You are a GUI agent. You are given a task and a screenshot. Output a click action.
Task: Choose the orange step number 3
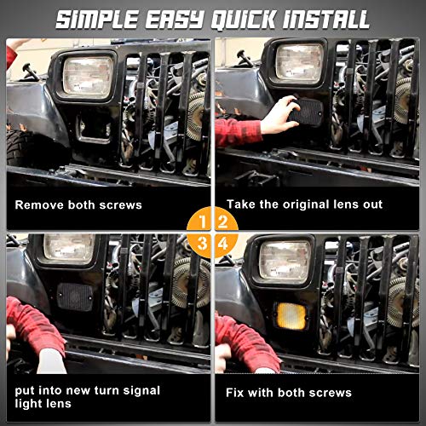[201, 244]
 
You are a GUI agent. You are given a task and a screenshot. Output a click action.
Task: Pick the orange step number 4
[223, 244]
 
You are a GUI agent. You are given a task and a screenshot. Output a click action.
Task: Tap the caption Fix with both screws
[288, 393]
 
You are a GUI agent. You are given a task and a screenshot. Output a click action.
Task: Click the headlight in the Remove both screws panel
[87, 75]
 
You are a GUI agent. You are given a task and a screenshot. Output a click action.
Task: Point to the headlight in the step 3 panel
[70, 250]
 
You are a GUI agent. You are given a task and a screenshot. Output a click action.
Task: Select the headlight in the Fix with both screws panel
[284, 257]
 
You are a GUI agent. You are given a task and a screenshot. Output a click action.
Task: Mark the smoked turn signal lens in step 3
[75, 296]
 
